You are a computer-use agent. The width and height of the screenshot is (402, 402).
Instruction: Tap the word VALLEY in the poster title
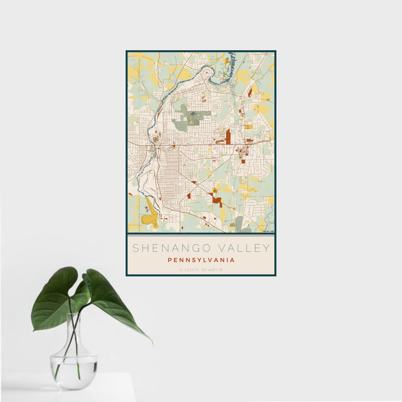(242, 248)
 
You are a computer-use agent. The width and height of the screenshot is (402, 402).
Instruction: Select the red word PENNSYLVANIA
(201, 260)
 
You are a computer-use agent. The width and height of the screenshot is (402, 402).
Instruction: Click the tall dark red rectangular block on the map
(228, 137)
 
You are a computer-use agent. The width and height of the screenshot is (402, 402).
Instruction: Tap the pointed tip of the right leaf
(151, 342)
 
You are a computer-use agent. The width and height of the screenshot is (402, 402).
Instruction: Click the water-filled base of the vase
(73, 370)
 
